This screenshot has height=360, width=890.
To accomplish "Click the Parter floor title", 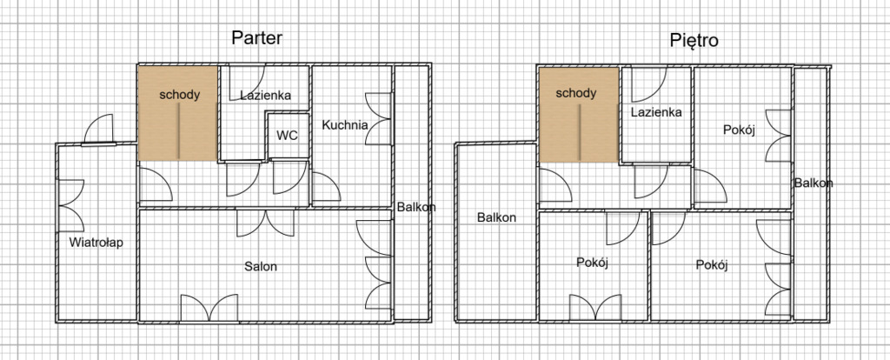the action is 256,38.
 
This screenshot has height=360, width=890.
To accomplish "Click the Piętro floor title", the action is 694,40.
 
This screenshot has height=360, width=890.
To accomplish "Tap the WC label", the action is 287,136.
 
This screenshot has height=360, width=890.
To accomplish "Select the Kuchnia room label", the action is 344,125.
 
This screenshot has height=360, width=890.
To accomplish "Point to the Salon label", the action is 261,266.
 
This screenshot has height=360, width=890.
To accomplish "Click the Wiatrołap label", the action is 96,243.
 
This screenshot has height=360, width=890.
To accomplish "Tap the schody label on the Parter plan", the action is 179,94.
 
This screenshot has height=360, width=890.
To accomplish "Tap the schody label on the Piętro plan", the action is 575,92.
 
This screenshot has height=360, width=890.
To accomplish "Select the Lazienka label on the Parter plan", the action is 265,96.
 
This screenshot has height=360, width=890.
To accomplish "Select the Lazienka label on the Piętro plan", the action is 656,112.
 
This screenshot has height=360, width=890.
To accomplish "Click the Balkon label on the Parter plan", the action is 416,207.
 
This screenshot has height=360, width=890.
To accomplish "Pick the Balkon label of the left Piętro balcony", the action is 496,217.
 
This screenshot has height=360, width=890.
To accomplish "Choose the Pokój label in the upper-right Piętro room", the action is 739,130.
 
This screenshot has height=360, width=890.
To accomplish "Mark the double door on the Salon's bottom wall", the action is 209,308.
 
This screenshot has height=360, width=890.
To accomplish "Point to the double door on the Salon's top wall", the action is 266,223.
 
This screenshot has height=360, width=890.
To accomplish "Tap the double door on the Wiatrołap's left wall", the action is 71,205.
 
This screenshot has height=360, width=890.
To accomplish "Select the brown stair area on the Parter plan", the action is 177,114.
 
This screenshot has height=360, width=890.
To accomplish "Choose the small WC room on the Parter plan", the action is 289,136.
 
